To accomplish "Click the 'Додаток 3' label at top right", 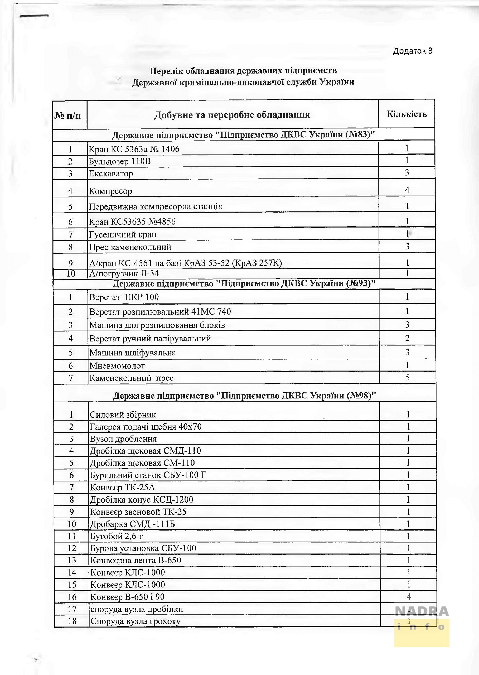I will (x=412, y=51).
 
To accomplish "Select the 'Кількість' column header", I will (x=407, y=114).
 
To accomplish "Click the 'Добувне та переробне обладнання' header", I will (x=232, y=115).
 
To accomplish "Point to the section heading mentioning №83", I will (x=243, y=135).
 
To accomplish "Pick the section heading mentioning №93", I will (x=244, y=283).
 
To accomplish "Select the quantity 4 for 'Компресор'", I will (x=407, y=190).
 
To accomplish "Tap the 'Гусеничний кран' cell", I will (x=123, y=235).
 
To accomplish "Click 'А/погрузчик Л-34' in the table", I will (x=124, y=273).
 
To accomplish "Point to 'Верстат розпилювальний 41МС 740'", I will (x=160, y=312).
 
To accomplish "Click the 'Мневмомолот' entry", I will (x=117, y=366).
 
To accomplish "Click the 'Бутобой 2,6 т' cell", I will (x=117, y=536).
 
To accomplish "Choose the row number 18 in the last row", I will (x=72, y=621).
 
